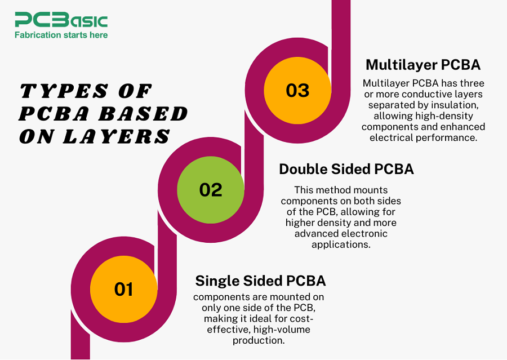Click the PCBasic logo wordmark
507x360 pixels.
[x=61, y=20]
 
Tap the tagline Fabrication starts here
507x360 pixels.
[x=61, y=35]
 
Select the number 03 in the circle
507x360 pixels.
[x=297, y=90]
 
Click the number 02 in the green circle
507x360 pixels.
[x=211, y=190]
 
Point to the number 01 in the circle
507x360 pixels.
[x=123, y=289]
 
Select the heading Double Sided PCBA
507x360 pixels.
[x=346, y=169]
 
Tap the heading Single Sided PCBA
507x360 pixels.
[x=260, y=281]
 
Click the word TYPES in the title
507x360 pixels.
[x=63, y=91]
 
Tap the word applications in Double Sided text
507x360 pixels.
[x=340, y=244]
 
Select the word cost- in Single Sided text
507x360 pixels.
[x=309, y=318]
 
